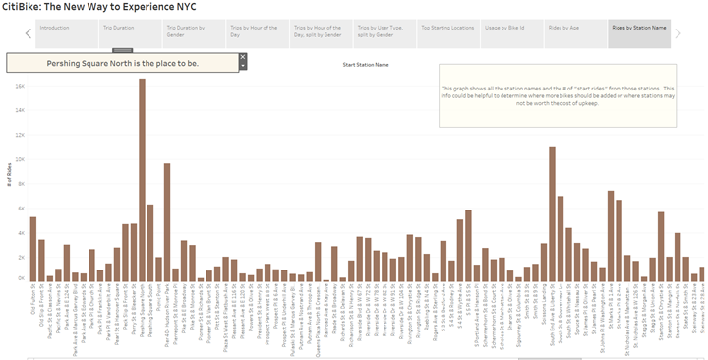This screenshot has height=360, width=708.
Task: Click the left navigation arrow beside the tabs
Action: (29, 33)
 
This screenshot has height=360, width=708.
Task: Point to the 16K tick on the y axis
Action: (20, 86)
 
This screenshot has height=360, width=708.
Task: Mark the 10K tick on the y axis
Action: (20, 158)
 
